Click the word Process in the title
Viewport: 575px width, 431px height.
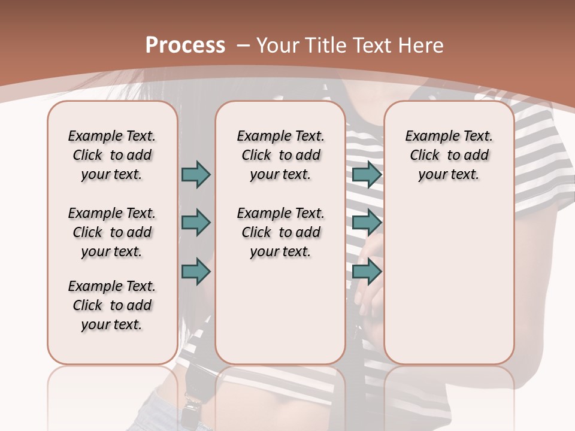185,45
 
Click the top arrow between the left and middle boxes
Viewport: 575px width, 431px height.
196,174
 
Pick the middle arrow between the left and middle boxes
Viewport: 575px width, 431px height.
196,223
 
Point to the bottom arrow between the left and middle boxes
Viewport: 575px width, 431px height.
196,271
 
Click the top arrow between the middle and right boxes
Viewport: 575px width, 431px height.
367,174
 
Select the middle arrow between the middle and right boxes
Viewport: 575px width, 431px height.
367,223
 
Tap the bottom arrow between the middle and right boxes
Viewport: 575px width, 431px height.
367,271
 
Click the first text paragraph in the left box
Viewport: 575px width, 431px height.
112,155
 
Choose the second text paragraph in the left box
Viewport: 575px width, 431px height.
112,232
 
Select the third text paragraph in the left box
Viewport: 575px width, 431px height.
112,305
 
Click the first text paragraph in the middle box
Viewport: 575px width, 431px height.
280,155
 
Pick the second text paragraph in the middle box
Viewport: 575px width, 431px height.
280,232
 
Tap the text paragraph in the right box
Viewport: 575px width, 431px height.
449,155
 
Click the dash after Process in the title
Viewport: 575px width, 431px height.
244,45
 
